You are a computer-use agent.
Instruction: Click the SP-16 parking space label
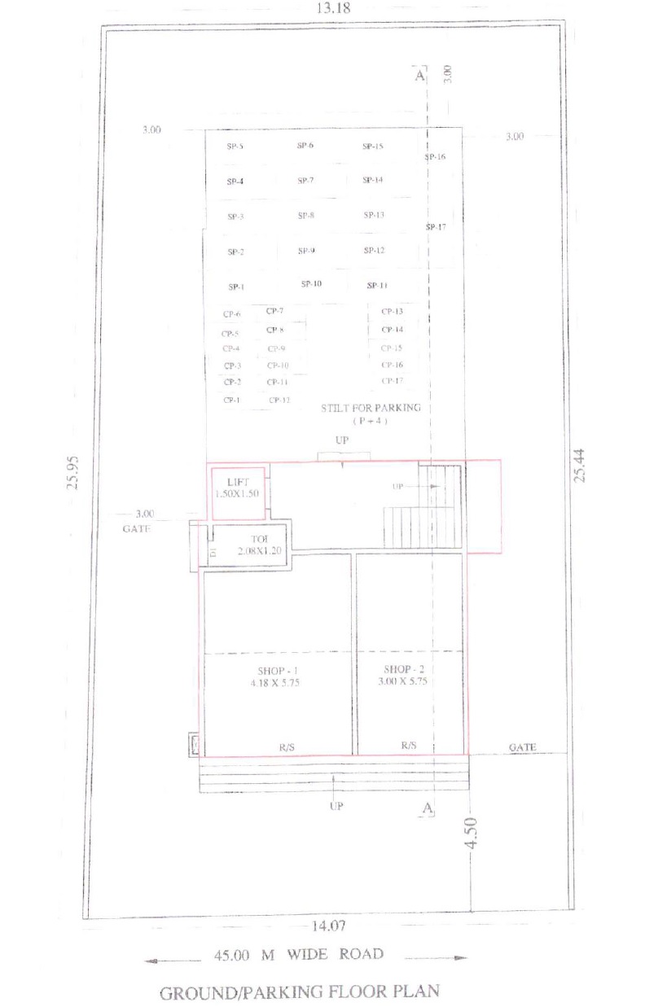coord(435,156)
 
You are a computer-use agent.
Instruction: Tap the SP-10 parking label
coord(311,284)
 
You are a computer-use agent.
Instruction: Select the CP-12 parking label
coord(279,400)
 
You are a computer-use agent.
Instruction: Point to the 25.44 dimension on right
coord(579,465)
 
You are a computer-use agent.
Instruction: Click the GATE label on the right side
coord(522,746)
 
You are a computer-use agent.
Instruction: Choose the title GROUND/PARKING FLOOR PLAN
coord(299,992)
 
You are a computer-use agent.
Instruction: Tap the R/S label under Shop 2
coord(409,745)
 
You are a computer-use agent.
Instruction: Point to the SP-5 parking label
coord(236,147)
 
